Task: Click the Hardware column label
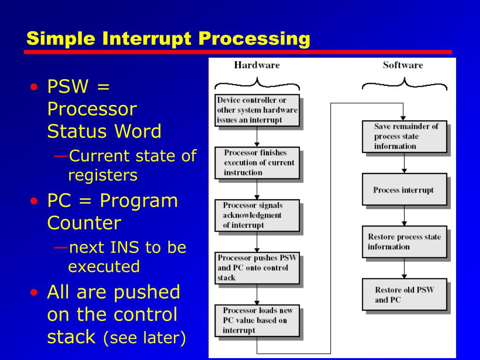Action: tap(256, 65)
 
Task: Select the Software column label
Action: tap(403, 65)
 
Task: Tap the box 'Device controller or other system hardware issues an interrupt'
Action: tap(257, 110)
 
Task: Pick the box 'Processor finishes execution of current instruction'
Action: tap(257, 163)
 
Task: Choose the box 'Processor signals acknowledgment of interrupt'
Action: tap(257, 215)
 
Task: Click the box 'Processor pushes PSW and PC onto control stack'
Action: tap(257, 268)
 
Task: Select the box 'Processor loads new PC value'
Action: tap(257, 321)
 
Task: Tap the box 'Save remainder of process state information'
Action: tap(404, 136)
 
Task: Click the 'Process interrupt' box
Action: tap(404, 189)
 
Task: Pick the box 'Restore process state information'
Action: tap(404, 242)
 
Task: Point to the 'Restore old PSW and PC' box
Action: tap(404, 294)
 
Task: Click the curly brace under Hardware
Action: tap(257, 84)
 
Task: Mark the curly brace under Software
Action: tap(404, 84)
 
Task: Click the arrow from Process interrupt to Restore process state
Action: tap(404, 216)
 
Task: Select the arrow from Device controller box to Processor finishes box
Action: tap(257, 137)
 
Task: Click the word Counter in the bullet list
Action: tap(84, 223)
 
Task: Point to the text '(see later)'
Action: tap(144, 337)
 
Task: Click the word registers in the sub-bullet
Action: tap(103, 175)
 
